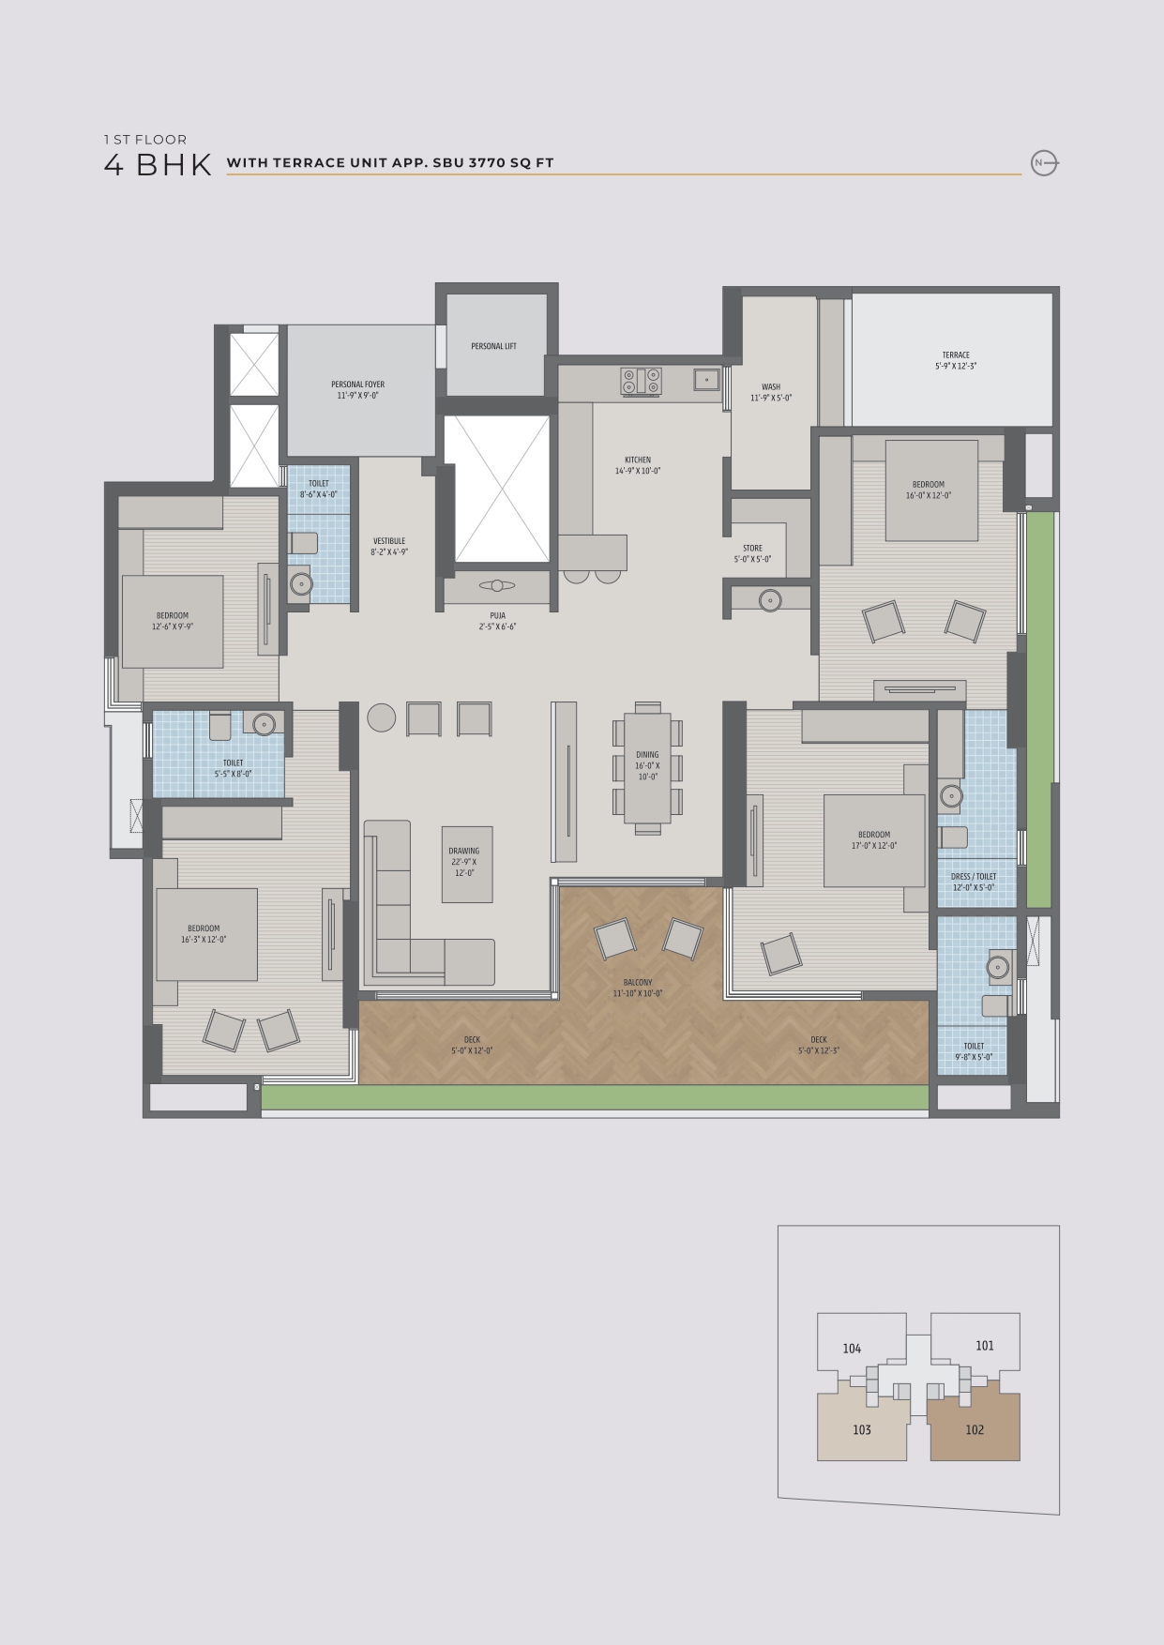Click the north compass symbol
(1043, 163)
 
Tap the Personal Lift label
(493, 346)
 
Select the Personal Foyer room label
(357, 390)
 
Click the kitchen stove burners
(641, 381)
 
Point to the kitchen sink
(706, 379)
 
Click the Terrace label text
(956, 361)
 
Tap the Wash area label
(771, 392)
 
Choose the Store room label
(752, 553)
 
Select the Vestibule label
(389, 547)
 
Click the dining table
(647, 768)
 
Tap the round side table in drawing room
(381, 717)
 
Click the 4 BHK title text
(158, 165)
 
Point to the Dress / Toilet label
(974, 882)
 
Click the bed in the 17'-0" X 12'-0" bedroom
(874, 840)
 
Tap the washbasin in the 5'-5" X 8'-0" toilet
(265, 723)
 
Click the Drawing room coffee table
(467, 864)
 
